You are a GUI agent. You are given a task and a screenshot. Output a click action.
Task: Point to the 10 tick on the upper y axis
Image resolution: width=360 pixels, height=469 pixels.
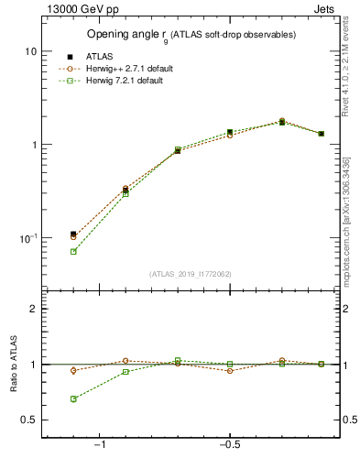tap(30, 52)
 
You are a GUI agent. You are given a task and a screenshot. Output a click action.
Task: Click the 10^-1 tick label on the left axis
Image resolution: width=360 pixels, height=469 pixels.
tap(27, 238)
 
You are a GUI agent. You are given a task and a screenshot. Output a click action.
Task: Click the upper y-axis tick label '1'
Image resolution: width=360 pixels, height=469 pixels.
tap(34, 145)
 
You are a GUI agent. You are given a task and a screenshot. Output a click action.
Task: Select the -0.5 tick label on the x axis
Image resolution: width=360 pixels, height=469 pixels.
tap(228, 446)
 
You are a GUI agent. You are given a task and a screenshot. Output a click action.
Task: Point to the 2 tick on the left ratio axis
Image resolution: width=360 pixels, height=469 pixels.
tap(34, 309)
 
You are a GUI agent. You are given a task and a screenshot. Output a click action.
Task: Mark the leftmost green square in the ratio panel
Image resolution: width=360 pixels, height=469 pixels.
tap(73, 399)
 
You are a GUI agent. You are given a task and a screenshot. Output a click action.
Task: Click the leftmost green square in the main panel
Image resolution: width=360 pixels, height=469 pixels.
tap(73, 251)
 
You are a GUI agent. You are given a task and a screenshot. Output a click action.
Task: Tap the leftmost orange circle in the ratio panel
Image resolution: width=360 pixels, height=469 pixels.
tap(73, 371)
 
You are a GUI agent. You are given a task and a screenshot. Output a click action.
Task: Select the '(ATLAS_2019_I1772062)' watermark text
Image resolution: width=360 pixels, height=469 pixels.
tap(191, 274)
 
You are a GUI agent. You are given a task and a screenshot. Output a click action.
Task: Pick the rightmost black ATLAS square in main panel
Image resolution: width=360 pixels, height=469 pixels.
tap(321, 134)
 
